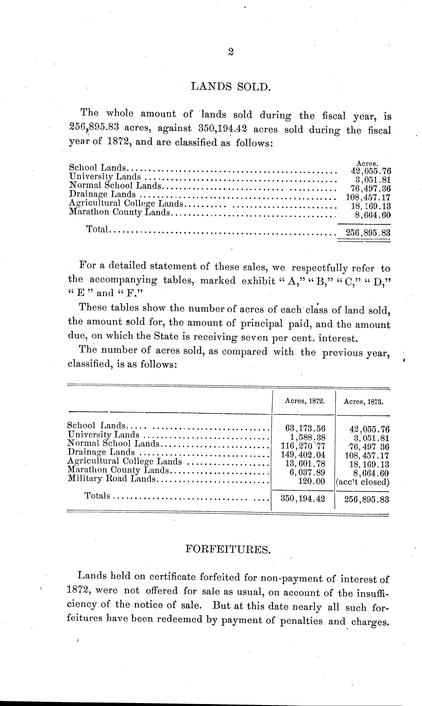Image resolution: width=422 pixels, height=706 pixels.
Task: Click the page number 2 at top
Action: pos(231,52)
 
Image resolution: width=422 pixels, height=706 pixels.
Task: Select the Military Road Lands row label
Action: pos(112,479)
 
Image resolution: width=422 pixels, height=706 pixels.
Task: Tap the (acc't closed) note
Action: pos(363,482)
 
